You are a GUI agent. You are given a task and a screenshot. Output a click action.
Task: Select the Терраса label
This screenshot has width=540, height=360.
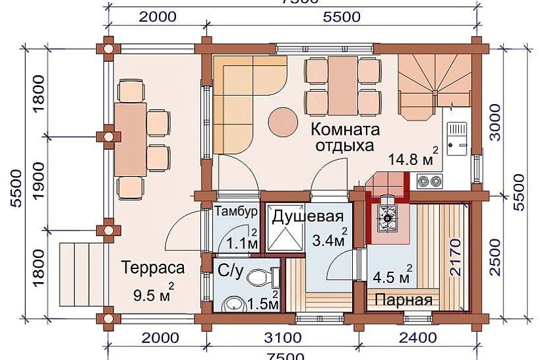pyautogui.click(x=153, y=268)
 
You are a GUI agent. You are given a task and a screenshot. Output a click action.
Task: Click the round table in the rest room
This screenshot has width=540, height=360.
pyautogui.click(x=283, y=121)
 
